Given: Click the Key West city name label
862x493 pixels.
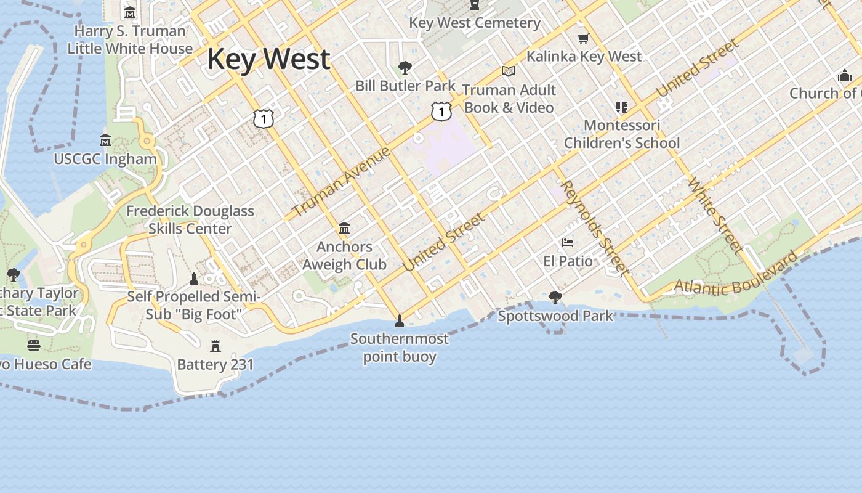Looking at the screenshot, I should (268, 59).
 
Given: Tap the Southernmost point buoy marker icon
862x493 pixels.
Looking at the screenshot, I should (400, 320).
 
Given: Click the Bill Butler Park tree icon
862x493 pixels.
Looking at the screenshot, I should (405, 68).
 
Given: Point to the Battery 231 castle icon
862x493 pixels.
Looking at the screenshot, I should (216, 346).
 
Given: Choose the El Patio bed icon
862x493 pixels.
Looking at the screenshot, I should (568, 243).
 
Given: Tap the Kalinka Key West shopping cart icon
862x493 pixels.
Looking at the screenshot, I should (583, 39).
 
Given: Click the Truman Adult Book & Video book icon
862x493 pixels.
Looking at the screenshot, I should (509, 71).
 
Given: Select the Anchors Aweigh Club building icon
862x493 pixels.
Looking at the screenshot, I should (344, 229).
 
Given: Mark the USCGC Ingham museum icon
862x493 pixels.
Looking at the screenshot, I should (105, 141).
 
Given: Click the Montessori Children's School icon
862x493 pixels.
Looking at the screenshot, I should (622, 107).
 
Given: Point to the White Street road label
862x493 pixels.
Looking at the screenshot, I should (714, 215).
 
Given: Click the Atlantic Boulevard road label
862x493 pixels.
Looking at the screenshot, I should (736, 275).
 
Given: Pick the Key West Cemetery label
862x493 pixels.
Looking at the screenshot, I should (475, 23).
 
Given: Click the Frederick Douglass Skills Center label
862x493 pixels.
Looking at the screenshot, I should (190, 219).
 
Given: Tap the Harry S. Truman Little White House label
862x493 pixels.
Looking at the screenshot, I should (130, 39).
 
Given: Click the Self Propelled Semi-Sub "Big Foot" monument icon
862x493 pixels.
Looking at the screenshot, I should (194, 279).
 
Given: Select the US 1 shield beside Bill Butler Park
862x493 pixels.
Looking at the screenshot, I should (441, 112).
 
